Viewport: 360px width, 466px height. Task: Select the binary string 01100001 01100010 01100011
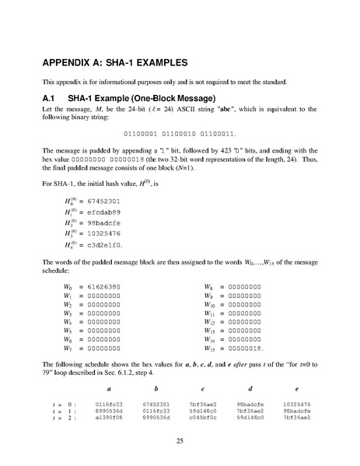[179, 135]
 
